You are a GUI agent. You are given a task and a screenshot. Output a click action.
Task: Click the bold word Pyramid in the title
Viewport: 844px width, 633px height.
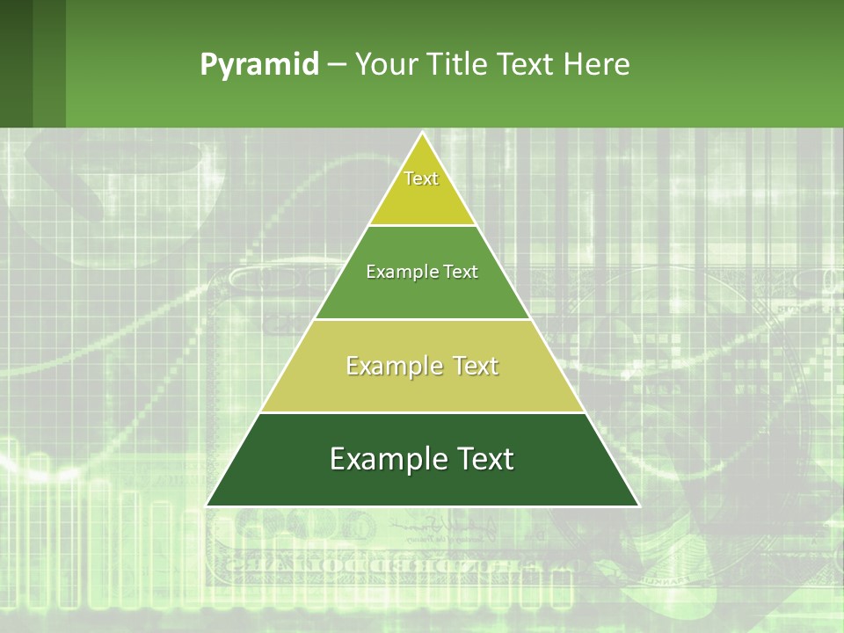[x=258, y=65]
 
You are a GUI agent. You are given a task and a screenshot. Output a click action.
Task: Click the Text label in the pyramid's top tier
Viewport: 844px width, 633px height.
[x=421, y=178]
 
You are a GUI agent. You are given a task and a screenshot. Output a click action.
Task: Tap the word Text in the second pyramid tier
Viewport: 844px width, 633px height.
[x=461, y=273]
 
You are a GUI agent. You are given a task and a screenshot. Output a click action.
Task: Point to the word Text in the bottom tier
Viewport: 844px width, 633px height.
[x=484, y=459]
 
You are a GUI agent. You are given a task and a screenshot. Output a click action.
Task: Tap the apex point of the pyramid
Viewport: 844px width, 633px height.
[x=422, y=133]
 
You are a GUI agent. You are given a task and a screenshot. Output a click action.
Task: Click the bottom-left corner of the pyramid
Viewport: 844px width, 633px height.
[x=207, y=506]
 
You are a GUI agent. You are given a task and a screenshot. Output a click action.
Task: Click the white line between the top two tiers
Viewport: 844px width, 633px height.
[x=422, y=225]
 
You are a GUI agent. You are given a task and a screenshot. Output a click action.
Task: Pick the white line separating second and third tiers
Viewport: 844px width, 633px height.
[x=422, y=319]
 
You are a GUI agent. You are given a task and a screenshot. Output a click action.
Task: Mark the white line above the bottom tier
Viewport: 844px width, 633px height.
[x=422, y=412]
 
